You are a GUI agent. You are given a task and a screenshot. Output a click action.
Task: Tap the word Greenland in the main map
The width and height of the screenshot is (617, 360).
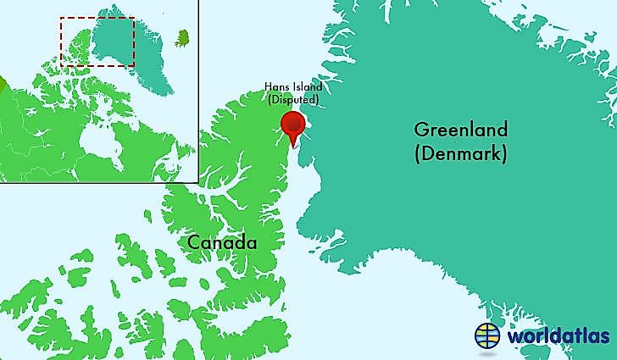coord(460,130)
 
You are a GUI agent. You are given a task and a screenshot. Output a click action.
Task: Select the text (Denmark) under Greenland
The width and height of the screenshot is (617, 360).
coord(460,154)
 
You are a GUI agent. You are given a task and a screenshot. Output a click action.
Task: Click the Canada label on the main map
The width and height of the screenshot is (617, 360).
coord(221,243)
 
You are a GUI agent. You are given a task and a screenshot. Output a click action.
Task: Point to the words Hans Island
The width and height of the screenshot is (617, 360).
coord(292,88)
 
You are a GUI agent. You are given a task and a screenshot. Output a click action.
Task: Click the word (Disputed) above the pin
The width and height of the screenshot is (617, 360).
coord(292,100)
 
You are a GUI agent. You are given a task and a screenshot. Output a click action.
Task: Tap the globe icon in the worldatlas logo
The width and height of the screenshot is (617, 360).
coord(488,335)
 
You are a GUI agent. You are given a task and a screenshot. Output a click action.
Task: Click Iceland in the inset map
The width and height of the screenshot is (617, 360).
coord(182,37)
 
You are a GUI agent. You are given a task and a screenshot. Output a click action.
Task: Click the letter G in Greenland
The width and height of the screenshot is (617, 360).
coord(421,131)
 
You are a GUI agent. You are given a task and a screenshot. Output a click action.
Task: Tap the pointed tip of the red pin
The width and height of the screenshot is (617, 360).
coord(294,147)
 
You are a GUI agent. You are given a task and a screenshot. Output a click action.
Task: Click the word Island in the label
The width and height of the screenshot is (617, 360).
coord(304,88)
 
